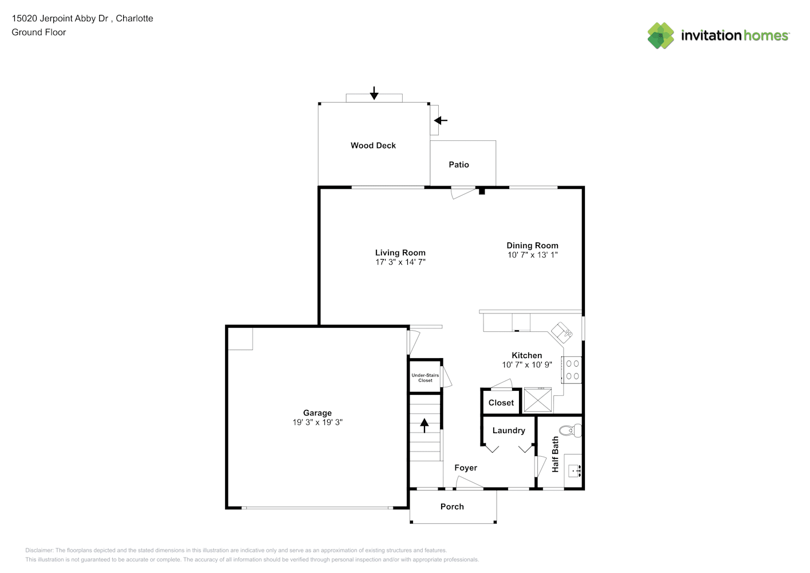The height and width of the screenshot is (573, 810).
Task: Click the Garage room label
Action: pos(317,413)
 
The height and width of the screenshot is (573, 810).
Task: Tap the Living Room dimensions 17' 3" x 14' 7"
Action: pos(400,262)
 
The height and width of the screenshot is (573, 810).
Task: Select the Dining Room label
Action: pos(532,246)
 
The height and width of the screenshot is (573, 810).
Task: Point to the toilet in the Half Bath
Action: pos(570,430)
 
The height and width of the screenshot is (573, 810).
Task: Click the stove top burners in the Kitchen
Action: pos(572,370)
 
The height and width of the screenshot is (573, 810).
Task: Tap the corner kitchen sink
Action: pos(561,332)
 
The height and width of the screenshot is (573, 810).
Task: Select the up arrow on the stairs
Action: pos(424,425)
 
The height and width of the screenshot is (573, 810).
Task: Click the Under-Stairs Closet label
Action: pos(425,378)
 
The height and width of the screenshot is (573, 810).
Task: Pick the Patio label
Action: pos(459,164)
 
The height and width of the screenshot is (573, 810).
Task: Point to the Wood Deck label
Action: pos(373,146)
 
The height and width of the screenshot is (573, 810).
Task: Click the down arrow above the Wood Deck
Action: pos(374,93)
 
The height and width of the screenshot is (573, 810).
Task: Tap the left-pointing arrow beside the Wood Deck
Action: pos(441,120)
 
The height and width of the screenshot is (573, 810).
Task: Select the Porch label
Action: pos(452,507)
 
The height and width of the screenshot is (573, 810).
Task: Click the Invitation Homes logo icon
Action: pos(660,36)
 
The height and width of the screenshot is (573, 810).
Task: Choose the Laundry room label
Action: pos(509,430)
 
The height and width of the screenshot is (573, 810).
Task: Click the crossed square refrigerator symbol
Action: pos(538,400)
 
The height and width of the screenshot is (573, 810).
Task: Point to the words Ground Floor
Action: pos(39,32)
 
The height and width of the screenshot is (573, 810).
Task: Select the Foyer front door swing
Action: pos(469,482)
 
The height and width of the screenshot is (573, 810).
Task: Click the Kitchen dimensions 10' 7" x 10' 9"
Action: pos(527,364)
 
